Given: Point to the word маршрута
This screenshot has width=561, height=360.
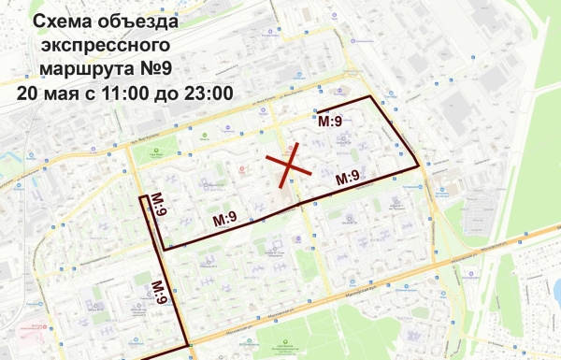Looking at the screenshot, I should click(97, 69).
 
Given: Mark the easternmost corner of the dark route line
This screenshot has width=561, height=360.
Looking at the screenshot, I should click(420, 166).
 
